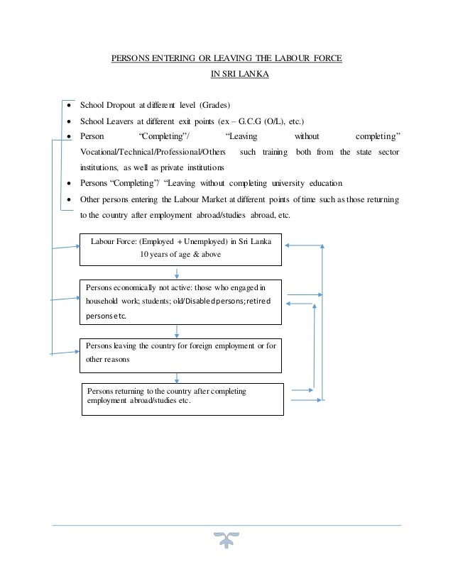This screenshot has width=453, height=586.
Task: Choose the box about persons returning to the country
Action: [184, 399]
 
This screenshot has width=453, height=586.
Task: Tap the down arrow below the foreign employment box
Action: [177, 377]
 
